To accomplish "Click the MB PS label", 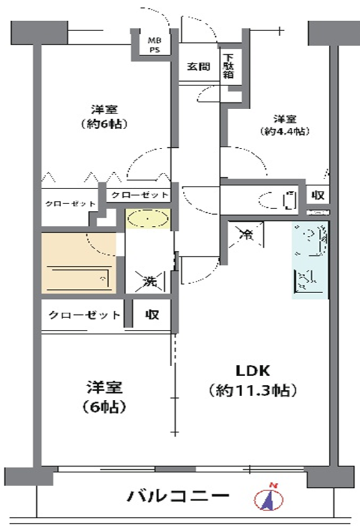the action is [x=155, y=45].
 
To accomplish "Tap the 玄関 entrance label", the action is [x=198, y=67].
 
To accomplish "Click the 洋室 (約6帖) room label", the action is [x=104, y=117].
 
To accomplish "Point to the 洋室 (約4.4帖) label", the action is [x=285, y=125].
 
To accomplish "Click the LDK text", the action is [x=253, y=371].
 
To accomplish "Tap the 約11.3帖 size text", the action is [x=253, y=391].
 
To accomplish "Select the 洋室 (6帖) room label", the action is [x=104, y=397].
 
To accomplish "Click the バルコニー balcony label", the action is [x=178, y=495].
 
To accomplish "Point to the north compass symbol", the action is [x=268, y=498].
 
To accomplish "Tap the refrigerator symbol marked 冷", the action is [x=246, y=235].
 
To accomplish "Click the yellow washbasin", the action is [x=148, y=218].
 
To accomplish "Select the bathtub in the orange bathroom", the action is [x=78, y=278].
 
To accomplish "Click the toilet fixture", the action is [x=278, y=200].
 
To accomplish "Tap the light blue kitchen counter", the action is [x=310, y=260].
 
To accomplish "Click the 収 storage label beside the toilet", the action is [x=318, y=195].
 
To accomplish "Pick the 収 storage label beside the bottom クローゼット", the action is [x=152, y=314].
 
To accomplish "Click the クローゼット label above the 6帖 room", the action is [x=84, y=315].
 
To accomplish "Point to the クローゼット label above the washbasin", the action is [x=139, y=195].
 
